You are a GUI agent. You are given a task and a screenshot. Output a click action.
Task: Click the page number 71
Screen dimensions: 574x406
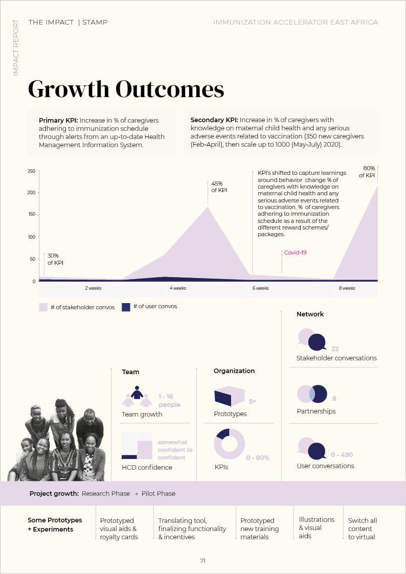(x=202, y=561)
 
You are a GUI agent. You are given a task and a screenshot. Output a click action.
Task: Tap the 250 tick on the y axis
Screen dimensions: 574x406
(x=31, y=171)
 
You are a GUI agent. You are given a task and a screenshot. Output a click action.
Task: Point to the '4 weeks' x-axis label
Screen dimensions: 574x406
(x=178, y=289)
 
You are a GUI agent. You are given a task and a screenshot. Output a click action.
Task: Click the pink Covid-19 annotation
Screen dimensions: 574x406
(x=295, y=252)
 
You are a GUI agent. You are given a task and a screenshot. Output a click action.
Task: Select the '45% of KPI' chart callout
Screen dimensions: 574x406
(x=219, y=187)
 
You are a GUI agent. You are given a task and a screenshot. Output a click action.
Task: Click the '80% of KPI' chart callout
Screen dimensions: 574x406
(x=367, y=172)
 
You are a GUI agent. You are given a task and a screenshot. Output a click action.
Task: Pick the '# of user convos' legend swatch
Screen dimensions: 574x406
(x=126, y=307)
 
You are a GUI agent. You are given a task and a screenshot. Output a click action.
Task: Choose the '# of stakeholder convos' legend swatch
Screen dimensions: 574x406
(x=43, y=307)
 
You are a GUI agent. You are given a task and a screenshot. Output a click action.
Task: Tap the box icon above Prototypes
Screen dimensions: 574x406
(x=229, y=397)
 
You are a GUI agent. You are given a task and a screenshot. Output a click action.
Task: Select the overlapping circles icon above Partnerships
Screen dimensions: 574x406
(x=312, y=394)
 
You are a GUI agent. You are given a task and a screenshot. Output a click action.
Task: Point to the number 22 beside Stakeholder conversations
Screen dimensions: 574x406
(x=335, y=349)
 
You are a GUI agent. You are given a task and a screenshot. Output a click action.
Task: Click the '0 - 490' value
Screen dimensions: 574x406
(x=342, y=455)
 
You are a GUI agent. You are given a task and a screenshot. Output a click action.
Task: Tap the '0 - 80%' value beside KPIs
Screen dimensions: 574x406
(x=257, y=458)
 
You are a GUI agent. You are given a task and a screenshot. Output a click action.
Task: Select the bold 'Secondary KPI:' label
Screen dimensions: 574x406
(x=214, y=120)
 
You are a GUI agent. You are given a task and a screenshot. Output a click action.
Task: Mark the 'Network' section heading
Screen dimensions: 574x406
(x=310, y=314)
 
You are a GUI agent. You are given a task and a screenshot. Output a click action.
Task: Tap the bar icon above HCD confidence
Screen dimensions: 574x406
(x=137, y=446)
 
